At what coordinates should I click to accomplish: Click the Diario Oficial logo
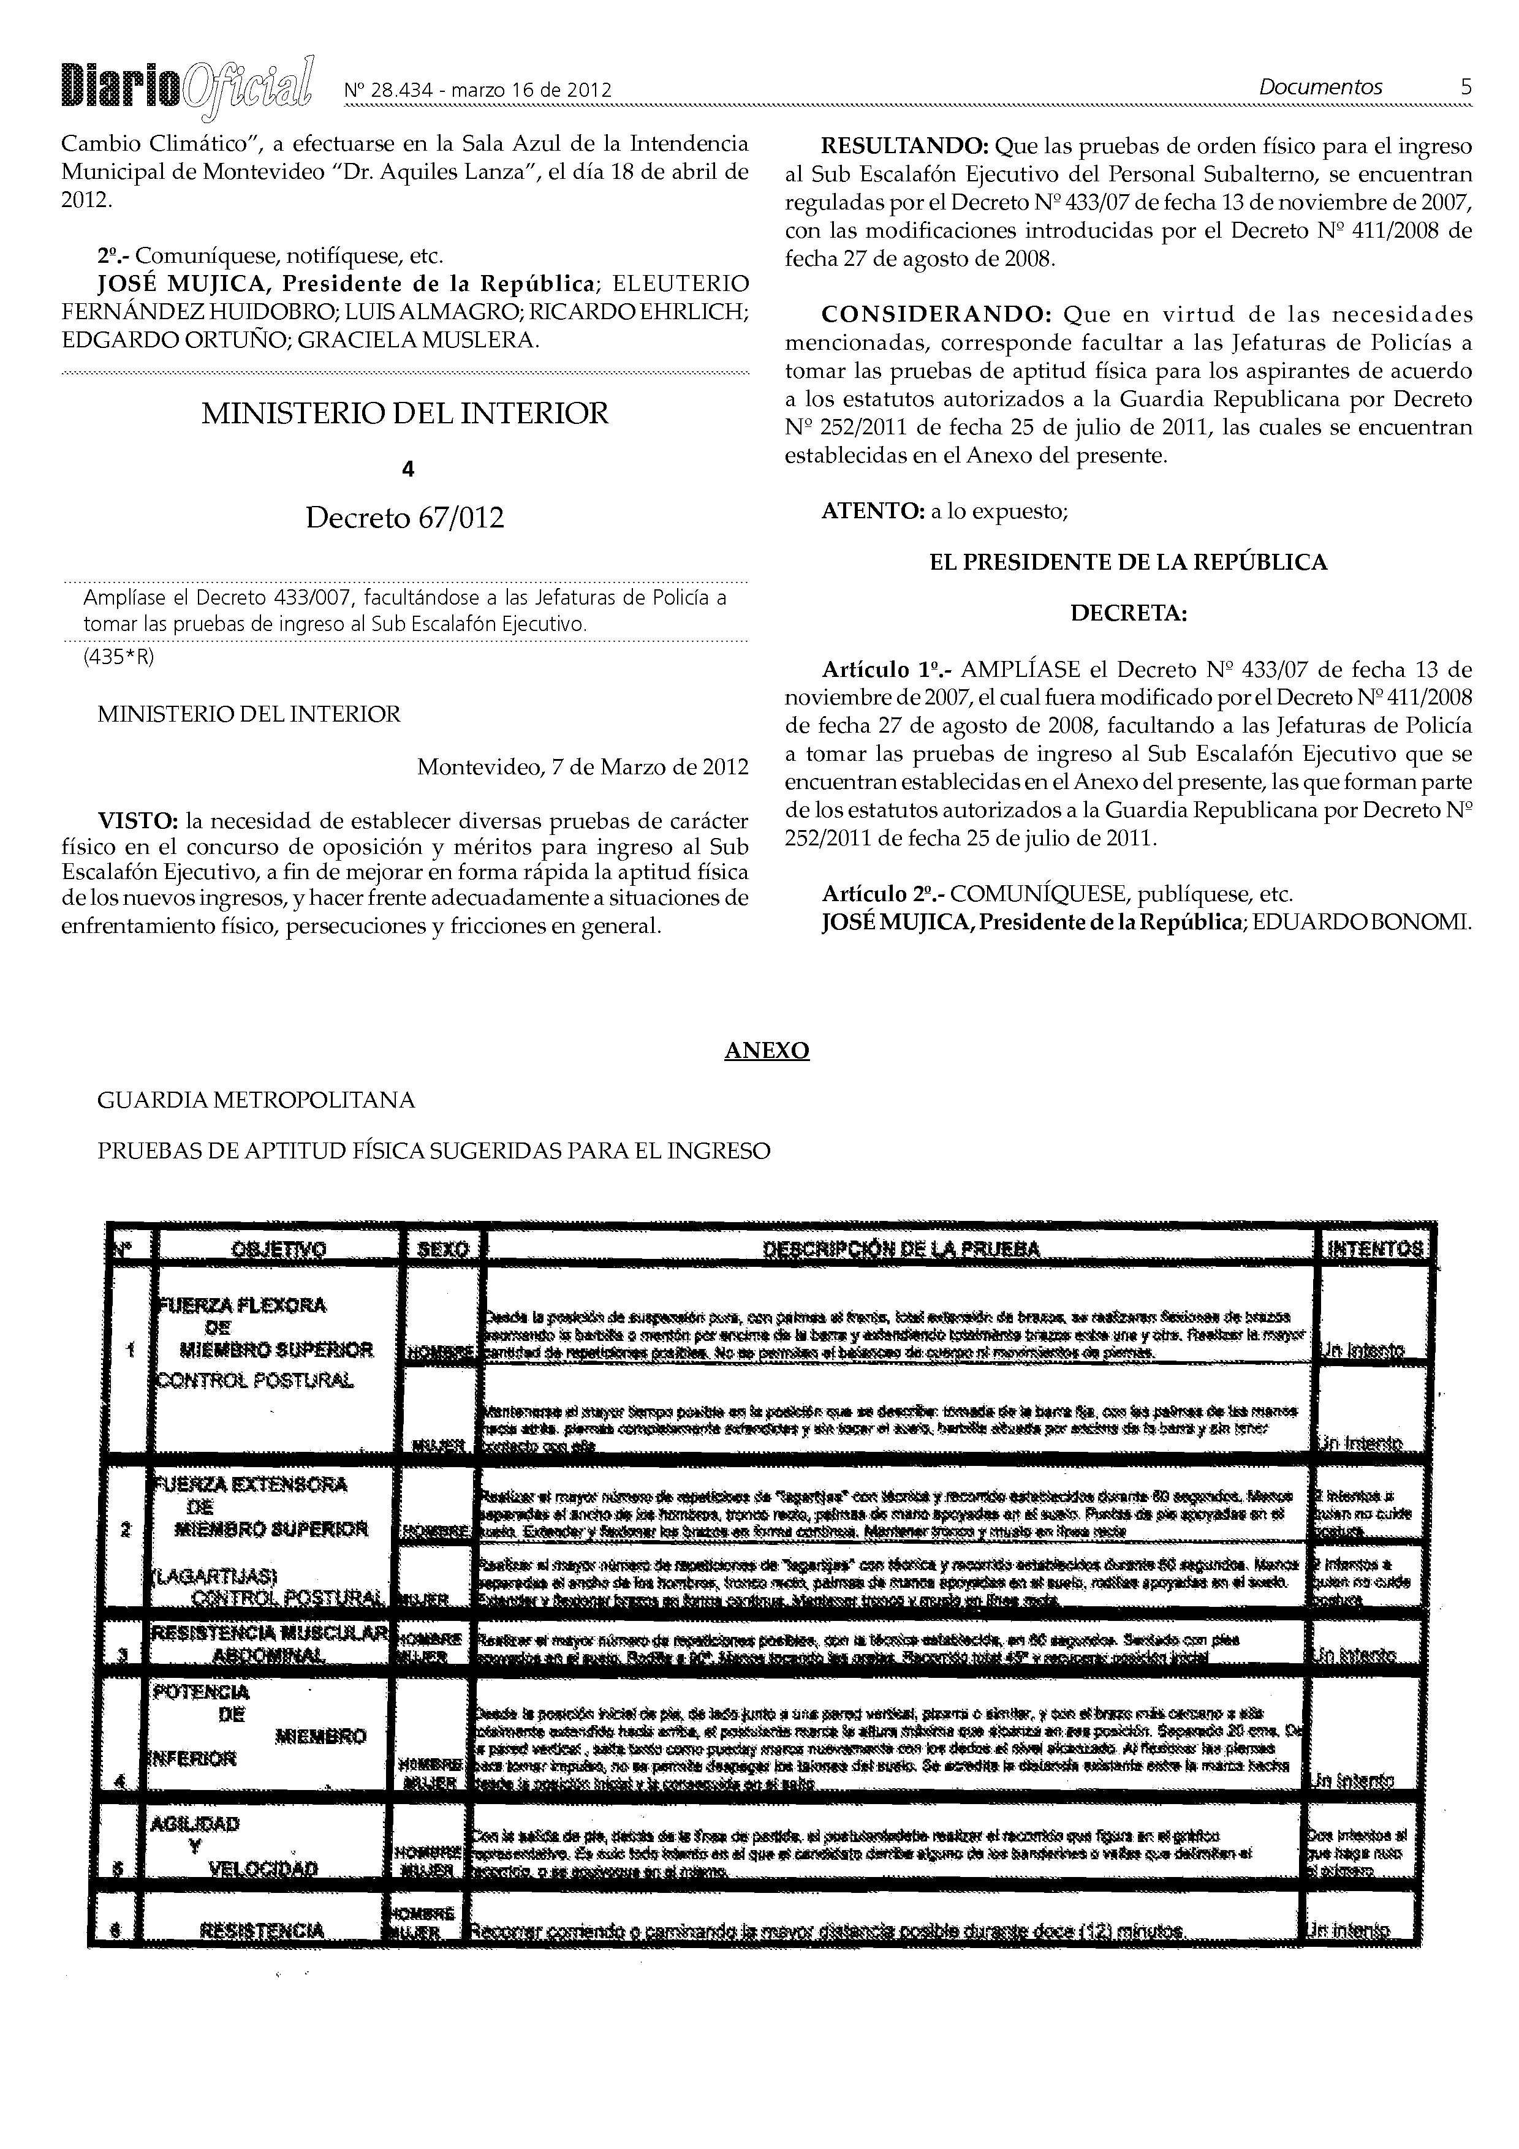coord(187,88)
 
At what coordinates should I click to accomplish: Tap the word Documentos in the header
coord(1320,87)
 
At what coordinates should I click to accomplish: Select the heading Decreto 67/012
coord(404,518)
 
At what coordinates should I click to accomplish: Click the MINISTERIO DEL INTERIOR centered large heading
coord(404,413)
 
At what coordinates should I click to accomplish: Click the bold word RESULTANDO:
coord(903,147)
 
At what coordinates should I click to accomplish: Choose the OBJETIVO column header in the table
coord(278,1250)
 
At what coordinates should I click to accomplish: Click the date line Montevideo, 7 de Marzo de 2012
coord(582,768)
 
